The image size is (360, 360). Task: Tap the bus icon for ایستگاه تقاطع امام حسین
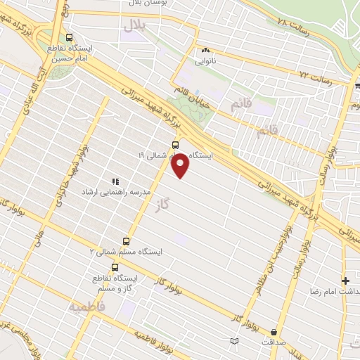[x=68, y=37]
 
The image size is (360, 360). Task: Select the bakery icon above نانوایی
[x=206, y=51]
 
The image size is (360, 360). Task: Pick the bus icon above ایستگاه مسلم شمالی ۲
[x=127, y=240]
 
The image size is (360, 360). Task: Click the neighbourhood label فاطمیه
[x=86, y=307]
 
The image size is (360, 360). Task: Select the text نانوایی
[x=206, y=61]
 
